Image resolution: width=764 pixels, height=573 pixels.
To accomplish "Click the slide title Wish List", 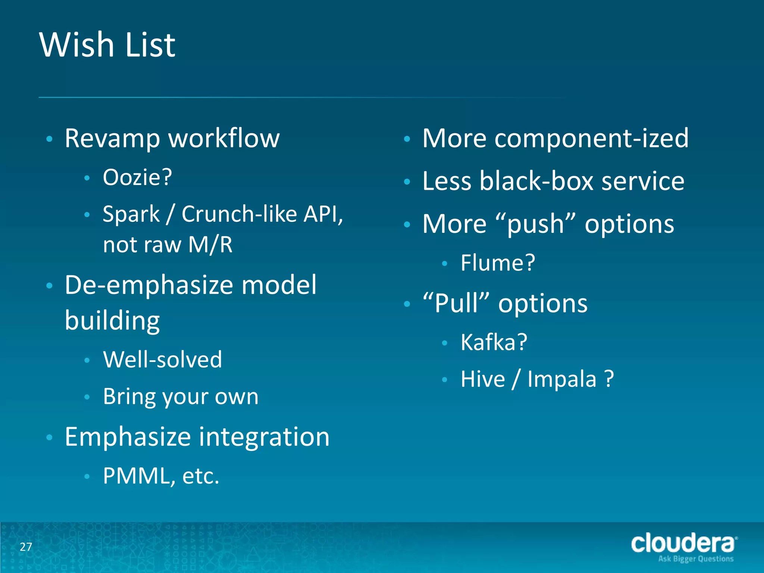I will pos(107,45).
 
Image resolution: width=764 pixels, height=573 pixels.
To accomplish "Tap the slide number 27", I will pos(26,547).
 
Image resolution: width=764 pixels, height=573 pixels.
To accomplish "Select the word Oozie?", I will pos(137,177).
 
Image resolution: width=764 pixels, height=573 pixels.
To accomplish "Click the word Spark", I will pos(131,215).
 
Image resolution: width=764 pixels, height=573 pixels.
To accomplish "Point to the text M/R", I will pos(210,245).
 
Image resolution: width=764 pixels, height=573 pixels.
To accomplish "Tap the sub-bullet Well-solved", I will pos(162,360).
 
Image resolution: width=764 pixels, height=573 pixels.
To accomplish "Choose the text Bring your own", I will pos(181,397).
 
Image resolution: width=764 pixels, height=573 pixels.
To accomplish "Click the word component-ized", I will pos(591,138).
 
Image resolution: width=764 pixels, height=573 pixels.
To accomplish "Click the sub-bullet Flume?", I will pos(498,263).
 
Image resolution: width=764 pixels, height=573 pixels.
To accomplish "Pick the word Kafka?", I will pos(494,342).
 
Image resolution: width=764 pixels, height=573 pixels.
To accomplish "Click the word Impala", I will pos(562,379).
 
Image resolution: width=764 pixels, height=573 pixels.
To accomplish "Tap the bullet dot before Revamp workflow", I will pos(49,139).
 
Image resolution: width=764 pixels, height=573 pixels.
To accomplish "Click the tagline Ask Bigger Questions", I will pos(696,559).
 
